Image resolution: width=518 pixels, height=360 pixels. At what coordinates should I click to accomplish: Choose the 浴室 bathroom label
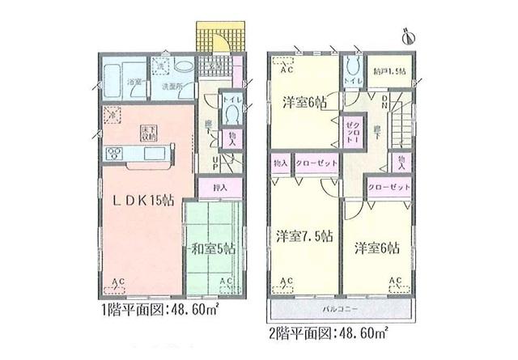coord(135,83)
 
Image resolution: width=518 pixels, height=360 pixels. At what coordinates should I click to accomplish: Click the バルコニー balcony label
coord(339,309)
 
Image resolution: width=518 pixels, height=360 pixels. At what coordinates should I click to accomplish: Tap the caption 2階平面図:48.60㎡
coord(328,332)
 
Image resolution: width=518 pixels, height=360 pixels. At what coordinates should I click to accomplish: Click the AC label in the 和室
coord(225,282)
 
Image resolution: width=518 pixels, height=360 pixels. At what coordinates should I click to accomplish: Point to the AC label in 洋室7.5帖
coord(286,282)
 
